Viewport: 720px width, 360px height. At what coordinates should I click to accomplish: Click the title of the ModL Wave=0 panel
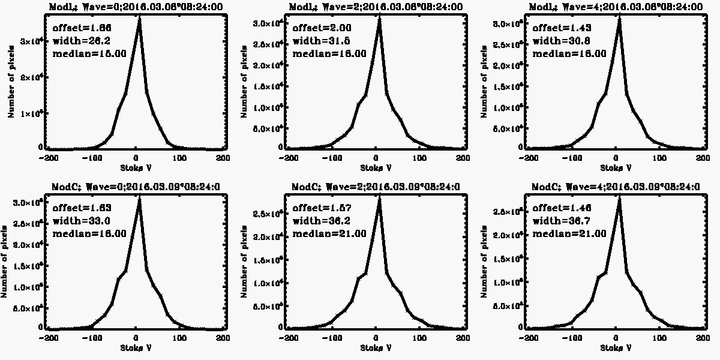coord(135,7)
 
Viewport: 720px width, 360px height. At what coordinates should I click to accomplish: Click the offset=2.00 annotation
coord(313,28)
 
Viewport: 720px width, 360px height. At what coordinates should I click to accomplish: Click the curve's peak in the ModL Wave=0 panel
coord(139,20)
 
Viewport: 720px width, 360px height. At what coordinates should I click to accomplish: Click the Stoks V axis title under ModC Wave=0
coord(135,348)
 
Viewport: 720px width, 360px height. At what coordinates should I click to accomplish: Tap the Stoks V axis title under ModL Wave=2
coord(376,168)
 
